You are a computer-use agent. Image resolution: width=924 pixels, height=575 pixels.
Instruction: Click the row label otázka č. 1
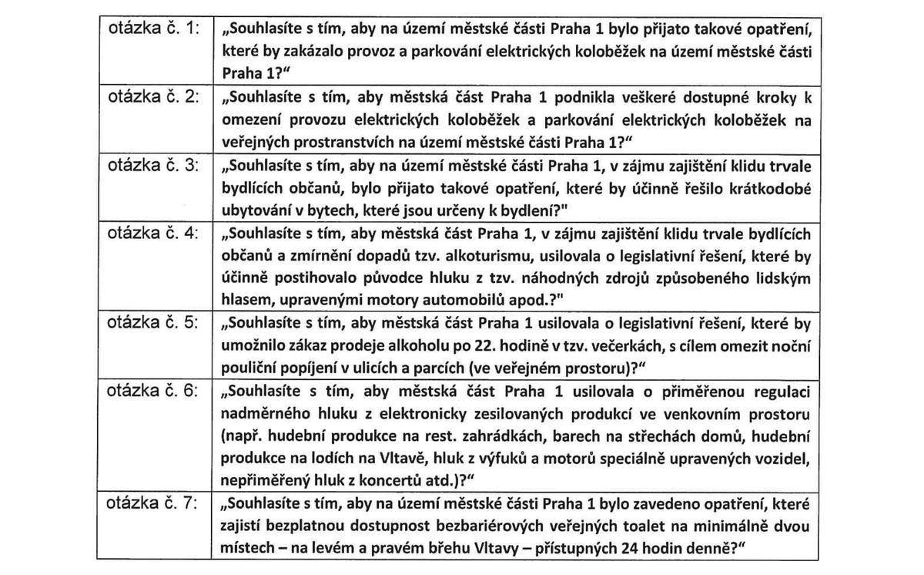[154, 29]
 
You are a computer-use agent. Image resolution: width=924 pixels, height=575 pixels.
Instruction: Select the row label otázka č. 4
[154, 233]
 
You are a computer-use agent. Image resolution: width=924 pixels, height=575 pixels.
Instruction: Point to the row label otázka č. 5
[154, 323]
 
